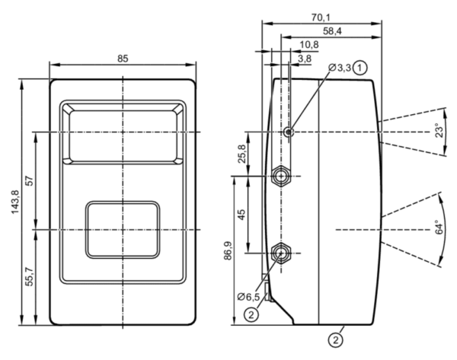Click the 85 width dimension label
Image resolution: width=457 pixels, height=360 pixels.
point(123,59)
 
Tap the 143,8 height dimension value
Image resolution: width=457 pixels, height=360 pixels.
point(15,202)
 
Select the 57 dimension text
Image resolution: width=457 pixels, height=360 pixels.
point(30,181)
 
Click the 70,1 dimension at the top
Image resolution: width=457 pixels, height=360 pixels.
point(321,18)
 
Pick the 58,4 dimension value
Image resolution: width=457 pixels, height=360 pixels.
point(332,31)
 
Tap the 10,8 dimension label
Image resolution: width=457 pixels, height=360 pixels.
point(309,45)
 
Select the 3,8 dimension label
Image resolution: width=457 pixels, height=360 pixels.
point(305,59)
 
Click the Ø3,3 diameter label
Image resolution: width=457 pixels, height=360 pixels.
point(340,68)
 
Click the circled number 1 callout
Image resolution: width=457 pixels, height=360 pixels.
point(360,68)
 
